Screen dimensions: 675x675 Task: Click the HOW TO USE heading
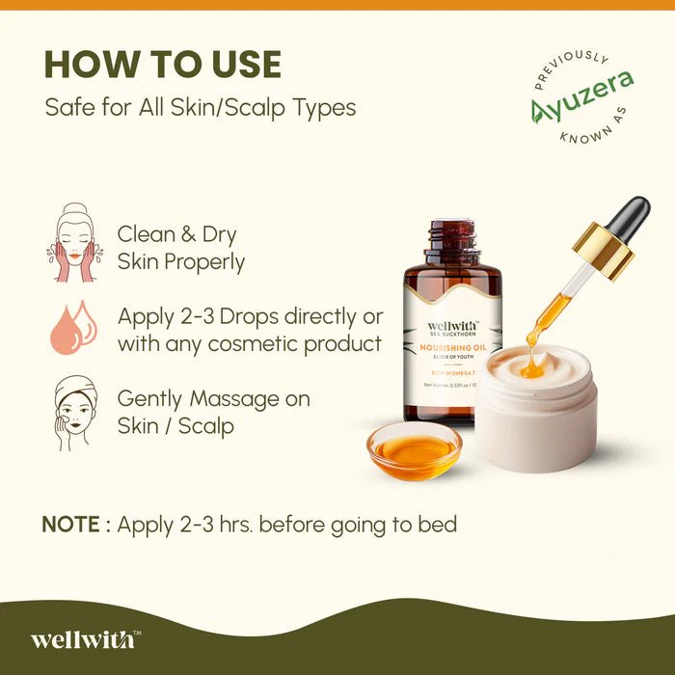pos(163,65)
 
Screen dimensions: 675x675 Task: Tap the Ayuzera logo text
pos(582,97)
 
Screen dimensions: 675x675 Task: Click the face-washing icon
pos(73,243)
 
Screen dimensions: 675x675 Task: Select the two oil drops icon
pos(73,327)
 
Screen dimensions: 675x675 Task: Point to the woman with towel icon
pos(73,412)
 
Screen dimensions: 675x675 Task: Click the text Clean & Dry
pos(177,234)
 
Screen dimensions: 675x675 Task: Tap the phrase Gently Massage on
pos(213,398)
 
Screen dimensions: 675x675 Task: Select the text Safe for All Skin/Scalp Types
pos(201,107)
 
